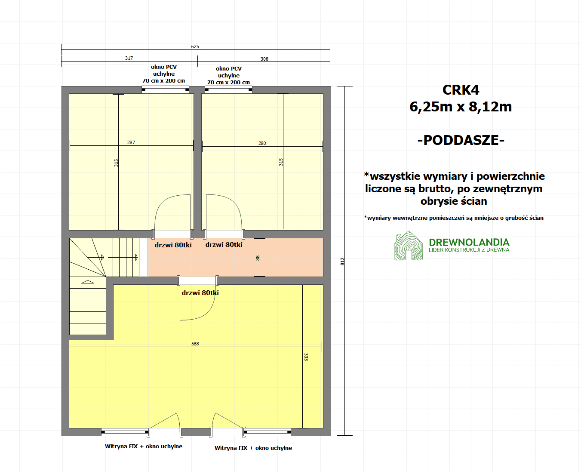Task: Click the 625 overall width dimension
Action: click(195, 46)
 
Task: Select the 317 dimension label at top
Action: click(129, 58)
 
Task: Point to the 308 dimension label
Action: click(264, 59)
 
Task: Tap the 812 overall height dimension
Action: click(343, 262)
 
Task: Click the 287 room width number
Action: click(131, 142)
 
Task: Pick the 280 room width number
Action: click(262, 143)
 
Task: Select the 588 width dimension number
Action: click(195, 344)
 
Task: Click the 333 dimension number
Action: click(306, 357)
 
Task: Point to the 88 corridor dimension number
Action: click(258, 258)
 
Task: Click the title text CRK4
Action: click(461, 90)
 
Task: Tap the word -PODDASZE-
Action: click(461, 140)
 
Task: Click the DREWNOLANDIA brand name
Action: click(469, 242)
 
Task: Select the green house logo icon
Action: click(409, 246)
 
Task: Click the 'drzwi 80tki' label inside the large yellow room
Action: click(200, 293)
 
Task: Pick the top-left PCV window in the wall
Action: click(165, 89)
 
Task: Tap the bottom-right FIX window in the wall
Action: click(267, 432)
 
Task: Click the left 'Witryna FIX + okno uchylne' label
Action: click(144, 446)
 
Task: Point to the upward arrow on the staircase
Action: click(88, 305)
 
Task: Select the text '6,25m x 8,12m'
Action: click(461, 107)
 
